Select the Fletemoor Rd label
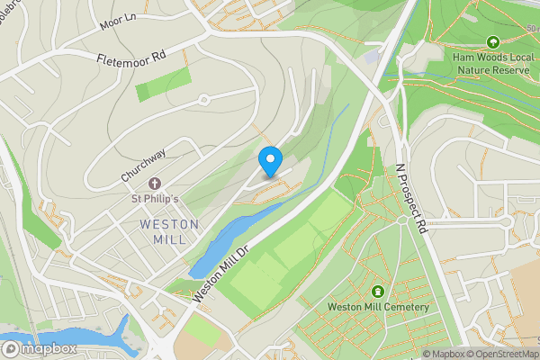click(132, 58)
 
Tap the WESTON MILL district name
click(163, 230)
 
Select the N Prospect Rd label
click(411, 198)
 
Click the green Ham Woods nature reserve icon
click(492, 41)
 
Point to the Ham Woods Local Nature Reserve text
click(493, 63)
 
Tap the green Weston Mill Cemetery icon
click(377, 291)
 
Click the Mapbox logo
click(39, 349)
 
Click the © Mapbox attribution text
click(441, 354)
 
